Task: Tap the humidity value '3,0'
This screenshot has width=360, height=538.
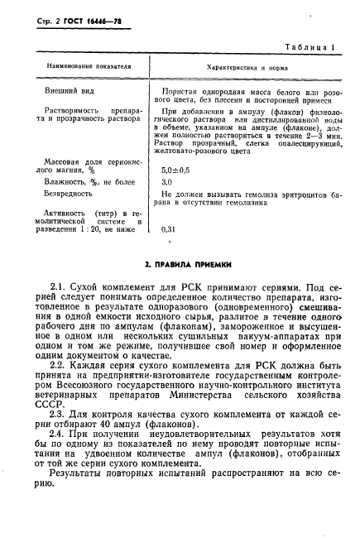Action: tap(166, 180)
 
